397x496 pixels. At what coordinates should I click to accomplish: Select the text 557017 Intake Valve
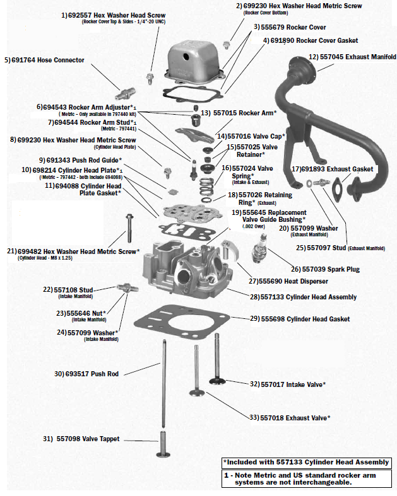pos(290,384)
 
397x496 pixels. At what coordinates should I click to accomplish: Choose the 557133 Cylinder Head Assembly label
pos(303,297)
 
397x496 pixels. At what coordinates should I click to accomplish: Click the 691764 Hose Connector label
pos(44,60)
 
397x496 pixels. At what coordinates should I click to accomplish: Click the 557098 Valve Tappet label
pos(81,439)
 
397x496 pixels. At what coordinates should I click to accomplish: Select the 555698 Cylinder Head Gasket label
pos(300,320)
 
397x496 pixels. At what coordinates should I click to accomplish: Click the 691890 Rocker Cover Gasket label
pos(310,40)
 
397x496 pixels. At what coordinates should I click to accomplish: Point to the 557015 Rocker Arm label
pos(239,113)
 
